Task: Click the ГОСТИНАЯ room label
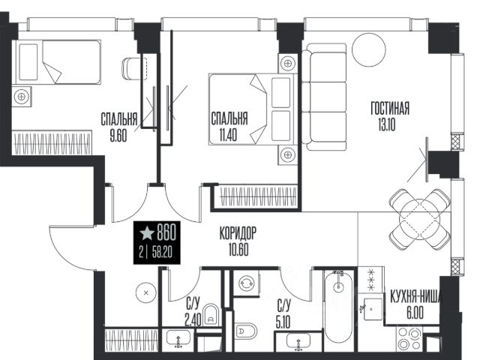pos(390,108)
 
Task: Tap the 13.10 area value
pos(387,124)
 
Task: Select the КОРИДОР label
pos(238,233)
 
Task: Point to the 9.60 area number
pos(118,136)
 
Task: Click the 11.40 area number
pos(228,135)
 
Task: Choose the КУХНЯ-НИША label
pos(415,297)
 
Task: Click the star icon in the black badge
pos(147,233)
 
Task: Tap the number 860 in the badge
pos(166,232)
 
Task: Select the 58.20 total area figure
pos(162,253)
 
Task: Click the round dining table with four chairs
pos(420,219)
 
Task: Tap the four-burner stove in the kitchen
pos(409,339)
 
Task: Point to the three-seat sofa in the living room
pos(324,97)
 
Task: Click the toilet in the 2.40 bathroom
pos(211,315)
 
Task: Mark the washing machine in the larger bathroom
pos(247,283)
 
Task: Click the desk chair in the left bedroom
pos(132,69)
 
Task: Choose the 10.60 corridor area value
pos(238,250)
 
